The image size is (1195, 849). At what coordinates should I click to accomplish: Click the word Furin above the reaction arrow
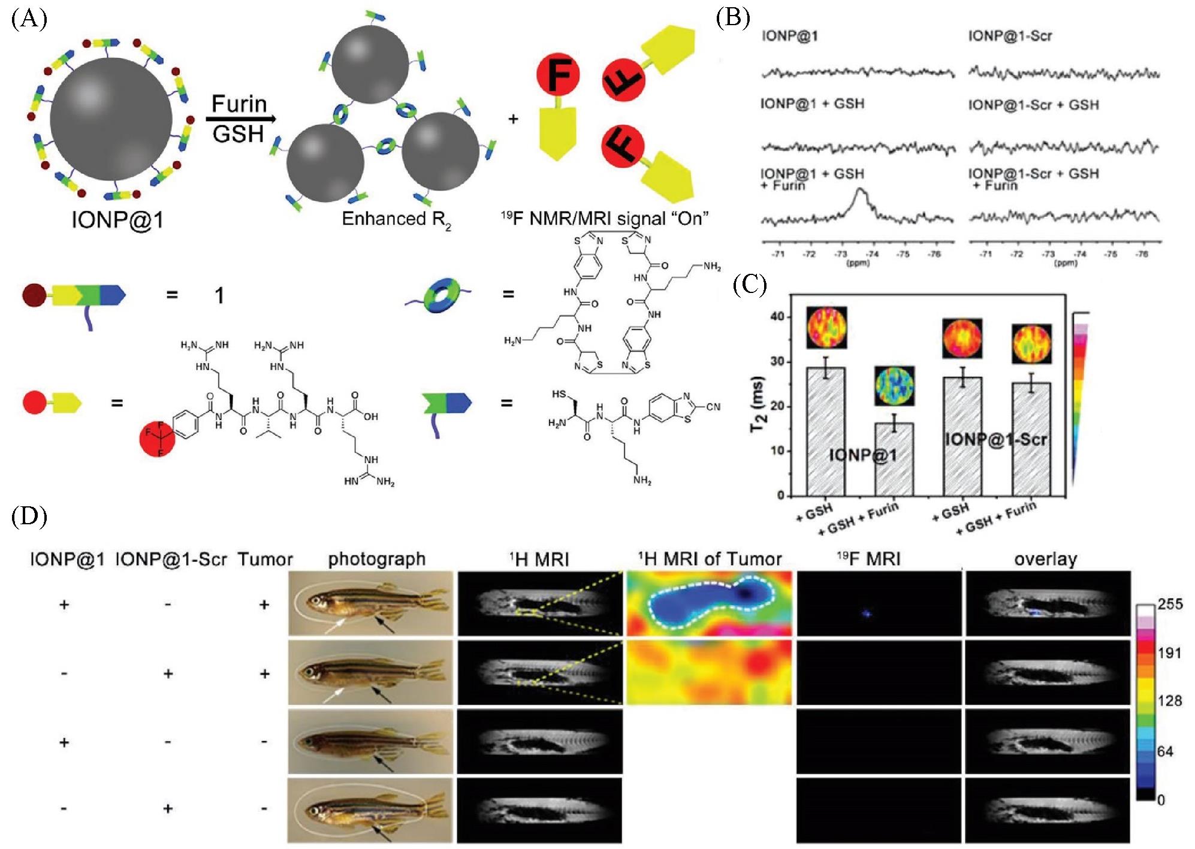[239, 104]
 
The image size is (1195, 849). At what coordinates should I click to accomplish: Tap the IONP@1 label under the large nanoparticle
[117, 220]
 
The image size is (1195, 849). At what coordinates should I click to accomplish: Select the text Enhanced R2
[396, 220]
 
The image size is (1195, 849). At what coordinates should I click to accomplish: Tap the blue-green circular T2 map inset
[894, 386]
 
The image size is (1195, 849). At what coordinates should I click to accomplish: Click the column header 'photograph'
[376, 559]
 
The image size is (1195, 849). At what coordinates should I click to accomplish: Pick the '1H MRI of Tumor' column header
[709, 559]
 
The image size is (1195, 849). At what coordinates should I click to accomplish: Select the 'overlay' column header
[1045, 559]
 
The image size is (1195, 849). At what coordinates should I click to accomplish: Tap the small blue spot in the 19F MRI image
[865, 614]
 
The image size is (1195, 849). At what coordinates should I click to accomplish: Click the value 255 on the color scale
[1170, 604]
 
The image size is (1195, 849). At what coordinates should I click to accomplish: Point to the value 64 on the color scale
[1165, 751]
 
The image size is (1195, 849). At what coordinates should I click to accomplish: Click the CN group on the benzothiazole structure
[713, 407]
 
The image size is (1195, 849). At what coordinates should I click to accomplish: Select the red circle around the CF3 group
[157, 439]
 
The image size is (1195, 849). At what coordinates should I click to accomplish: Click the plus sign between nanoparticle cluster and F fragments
[513, 119]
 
